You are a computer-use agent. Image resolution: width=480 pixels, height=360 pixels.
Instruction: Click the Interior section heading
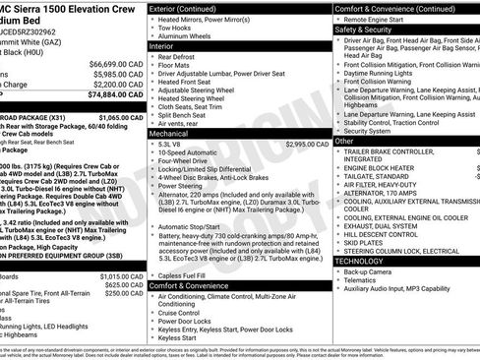tap(167, 44)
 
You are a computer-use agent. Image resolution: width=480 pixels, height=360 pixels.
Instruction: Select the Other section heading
tap(345, 141)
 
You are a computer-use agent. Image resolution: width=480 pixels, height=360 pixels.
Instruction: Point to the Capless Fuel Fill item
tap(189, 274)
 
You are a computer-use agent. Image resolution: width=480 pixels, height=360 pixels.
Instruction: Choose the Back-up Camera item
tap(381, 270)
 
